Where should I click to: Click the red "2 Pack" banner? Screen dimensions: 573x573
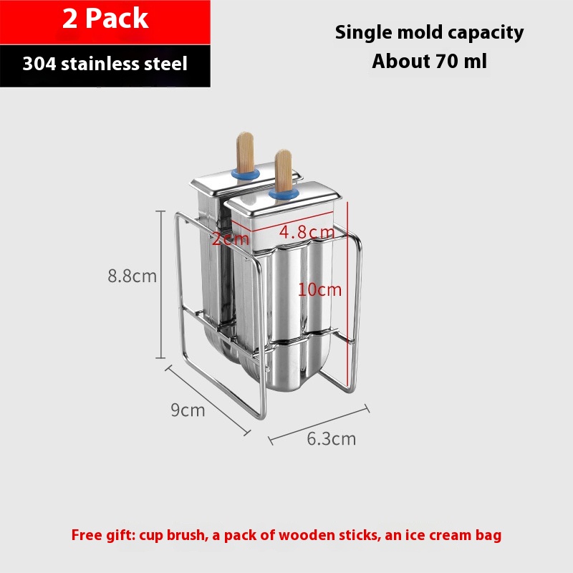click(x=105, y=19)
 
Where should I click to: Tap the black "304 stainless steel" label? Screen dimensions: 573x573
click(x=105, y=64)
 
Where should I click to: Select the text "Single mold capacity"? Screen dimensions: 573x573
click(x=429, y=32)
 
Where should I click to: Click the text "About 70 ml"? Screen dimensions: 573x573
click(x=429, y=61)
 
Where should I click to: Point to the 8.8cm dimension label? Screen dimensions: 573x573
click(x=132, y=276)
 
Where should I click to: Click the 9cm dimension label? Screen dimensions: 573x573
click(x=188, y=410)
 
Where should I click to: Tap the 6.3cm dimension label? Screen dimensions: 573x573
click(x=331, y=438)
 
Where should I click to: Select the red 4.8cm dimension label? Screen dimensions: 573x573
click(x=307, y=233)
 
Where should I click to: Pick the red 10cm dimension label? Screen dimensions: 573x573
click(x=319, y=290)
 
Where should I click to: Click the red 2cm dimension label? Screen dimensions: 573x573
click(x=230, y=239)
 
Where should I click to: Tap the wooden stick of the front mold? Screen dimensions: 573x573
click(x=283, y=170)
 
